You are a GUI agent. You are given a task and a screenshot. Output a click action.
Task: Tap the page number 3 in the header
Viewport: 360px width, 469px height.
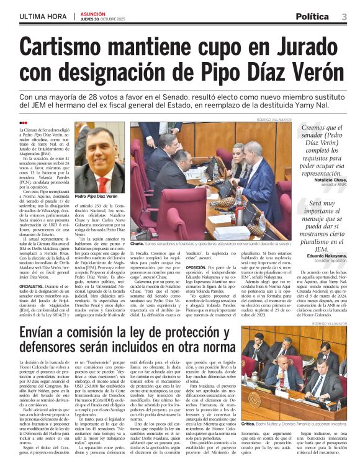click(344, 16)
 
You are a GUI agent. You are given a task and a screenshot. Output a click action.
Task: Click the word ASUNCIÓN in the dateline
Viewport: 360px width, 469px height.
click(92, 13)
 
